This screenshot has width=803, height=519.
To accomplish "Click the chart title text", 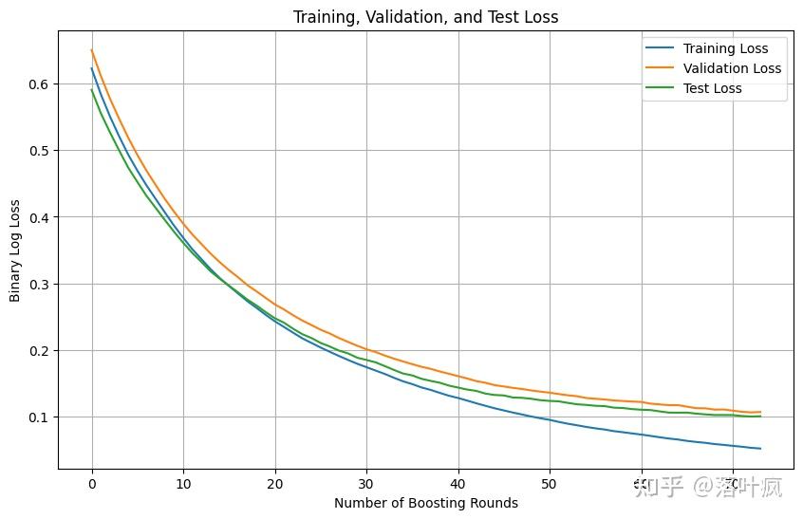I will pos(425,16).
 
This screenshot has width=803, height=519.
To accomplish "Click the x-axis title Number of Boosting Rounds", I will pos(425,503).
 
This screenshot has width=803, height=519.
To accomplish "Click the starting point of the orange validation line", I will pos(92,50).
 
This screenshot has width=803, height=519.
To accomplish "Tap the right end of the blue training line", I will pos(760,449).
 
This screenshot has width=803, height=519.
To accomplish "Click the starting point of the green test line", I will pos(92,90).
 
